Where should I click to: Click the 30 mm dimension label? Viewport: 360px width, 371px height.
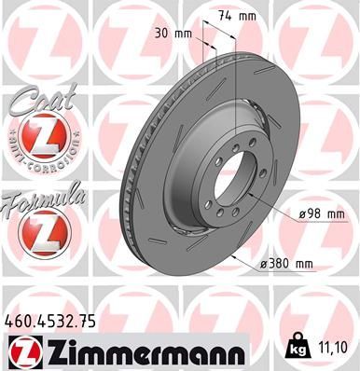tap(176, 33)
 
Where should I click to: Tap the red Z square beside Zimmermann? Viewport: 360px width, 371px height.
tap(23, 352)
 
